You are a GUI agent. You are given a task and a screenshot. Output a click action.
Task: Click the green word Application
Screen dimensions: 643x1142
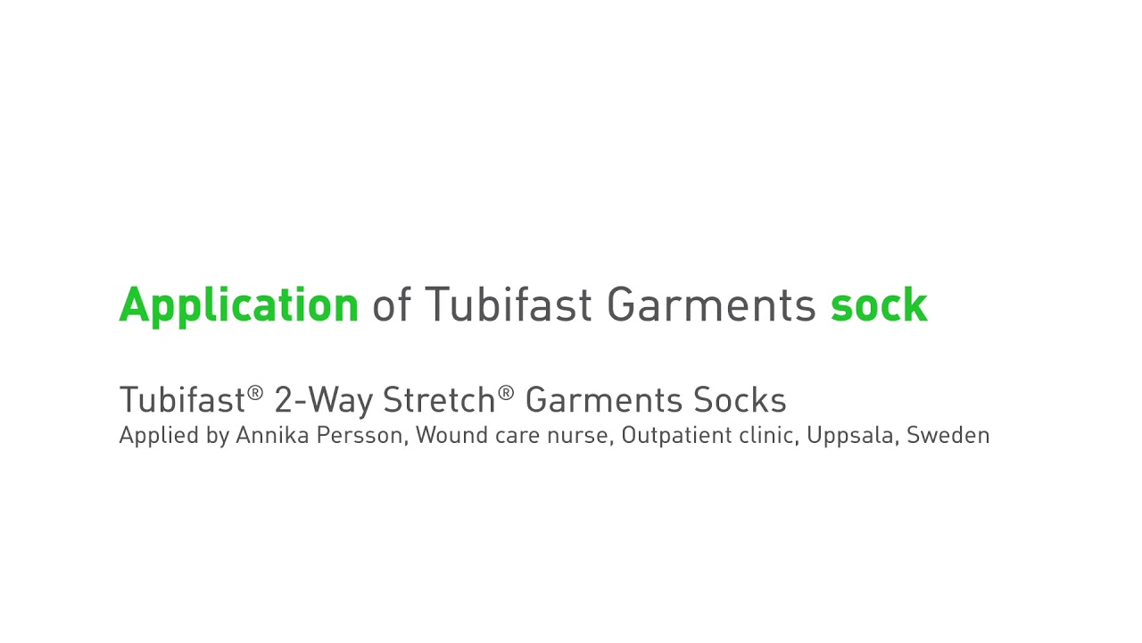238,305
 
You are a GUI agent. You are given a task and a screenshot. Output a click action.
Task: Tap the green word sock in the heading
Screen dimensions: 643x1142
878,305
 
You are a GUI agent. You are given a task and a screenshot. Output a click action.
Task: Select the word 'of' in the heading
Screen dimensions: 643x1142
391,305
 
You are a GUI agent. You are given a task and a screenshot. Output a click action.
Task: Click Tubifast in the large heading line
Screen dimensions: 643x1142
508,305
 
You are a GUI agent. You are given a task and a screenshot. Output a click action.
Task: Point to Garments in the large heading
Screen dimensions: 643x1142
711,305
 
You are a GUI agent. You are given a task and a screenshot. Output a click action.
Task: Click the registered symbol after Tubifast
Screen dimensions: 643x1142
256,392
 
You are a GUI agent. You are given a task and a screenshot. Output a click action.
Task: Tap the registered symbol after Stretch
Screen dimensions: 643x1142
507,392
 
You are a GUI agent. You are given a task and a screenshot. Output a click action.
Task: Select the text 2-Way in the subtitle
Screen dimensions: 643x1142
323,400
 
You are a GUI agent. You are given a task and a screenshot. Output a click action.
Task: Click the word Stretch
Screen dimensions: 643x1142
439,400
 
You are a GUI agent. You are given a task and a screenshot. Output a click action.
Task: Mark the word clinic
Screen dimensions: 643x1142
767,435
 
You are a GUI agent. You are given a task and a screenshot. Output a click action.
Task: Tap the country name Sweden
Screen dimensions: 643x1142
948,435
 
